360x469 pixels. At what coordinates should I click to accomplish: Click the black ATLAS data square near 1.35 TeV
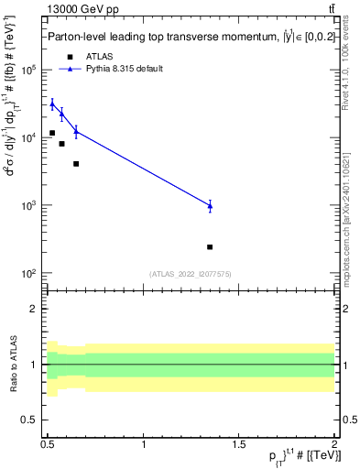pos(210,246)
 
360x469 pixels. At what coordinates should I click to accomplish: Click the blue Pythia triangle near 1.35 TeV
pos(210,206)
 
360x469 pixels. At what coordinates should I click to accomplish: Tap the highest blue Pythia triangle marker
pos(52,104)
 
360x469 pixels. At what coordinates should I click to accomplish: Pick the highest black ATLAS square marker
pos(52,133)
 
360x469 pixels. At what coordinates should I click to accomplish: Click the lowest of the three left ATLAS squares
pos(76,164)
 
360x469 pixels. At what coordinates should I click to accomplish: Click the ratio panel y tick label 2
pos(37,309)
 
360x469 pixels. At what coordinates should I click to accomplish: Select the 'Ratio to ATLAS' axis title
pos(12,364)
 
